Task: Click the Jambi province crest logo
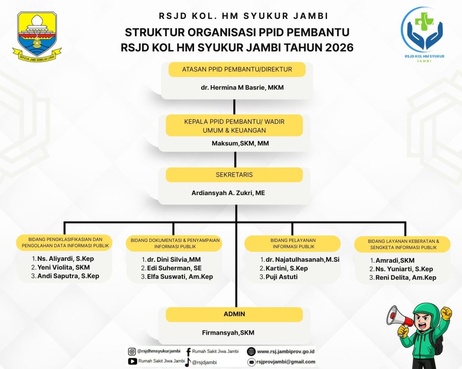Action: coord(39,36)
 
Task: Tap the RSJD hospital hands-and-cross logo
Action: coord(423,31)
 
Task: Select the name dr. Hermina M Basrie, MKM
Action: coord(242,87)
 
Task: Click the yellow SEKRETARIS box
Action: coord(234,175)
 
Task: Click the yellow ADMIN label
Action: coord(234,314)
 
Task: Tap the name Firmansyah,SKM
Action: coord(228,333)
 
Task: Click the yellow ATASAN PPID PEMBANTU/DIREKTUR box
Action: coord(237,69)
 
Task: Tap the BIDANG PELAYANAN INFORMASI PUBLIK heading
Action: coord(292,243)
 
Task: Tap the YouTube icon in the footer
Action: coord(132,361)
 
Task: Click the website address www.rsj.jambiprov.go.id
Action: coord(286,351)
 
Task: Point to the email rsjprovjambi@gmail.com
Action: coord(286,362)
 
